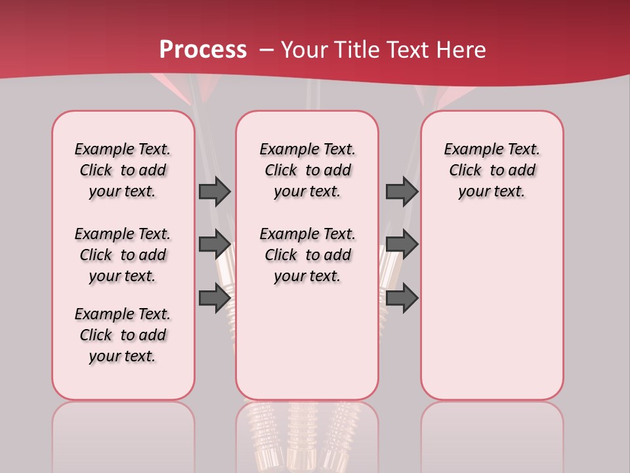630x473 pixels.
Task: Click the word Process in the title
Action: point(203,50)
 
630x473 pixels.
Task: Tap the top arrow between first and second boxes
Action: point(214,191)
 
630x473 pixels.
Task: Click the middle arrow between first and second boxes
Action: point(214,244)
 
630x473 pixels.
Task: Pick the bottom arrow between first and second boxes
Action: point(214,298)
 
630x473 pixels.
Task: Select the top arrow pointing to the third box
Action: point(402,191)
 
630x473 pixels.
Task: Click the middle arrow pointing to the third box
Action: point(402,244)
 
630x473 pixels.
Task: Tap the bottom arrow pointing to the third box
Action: point(402,298)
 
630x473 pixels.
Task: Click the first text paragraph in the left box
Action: point(123,170)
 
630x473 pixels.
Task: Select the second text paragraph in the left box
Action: point(123,255)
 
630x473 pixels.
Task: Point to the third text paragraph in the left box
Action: point(123,335)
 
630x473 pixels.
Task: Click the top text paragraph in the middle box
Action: point(307,170)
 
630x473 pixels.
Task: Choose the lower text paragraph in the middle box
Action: point(307,255)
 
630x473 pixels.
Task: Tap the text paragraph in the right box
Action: point(492,170)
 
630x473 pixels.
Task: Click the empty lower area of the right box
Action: point(492,309)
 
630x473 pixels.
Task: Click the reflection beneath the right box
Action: point(492,434)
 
